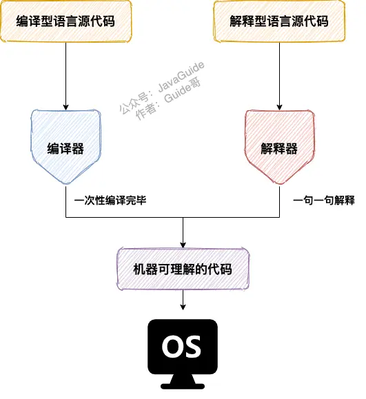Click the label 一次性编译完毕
tap(110, 200)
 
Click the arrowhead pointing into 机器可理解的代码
tap(183, 245)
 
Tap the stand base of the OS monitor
tap(182, 383)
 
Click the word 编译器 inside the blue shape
tap(65, 148)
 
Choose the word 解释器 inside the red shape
tap(278, 148)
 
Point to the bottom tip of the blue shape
tap(65, 183)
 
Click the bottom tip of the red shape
tap(278, 183)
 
